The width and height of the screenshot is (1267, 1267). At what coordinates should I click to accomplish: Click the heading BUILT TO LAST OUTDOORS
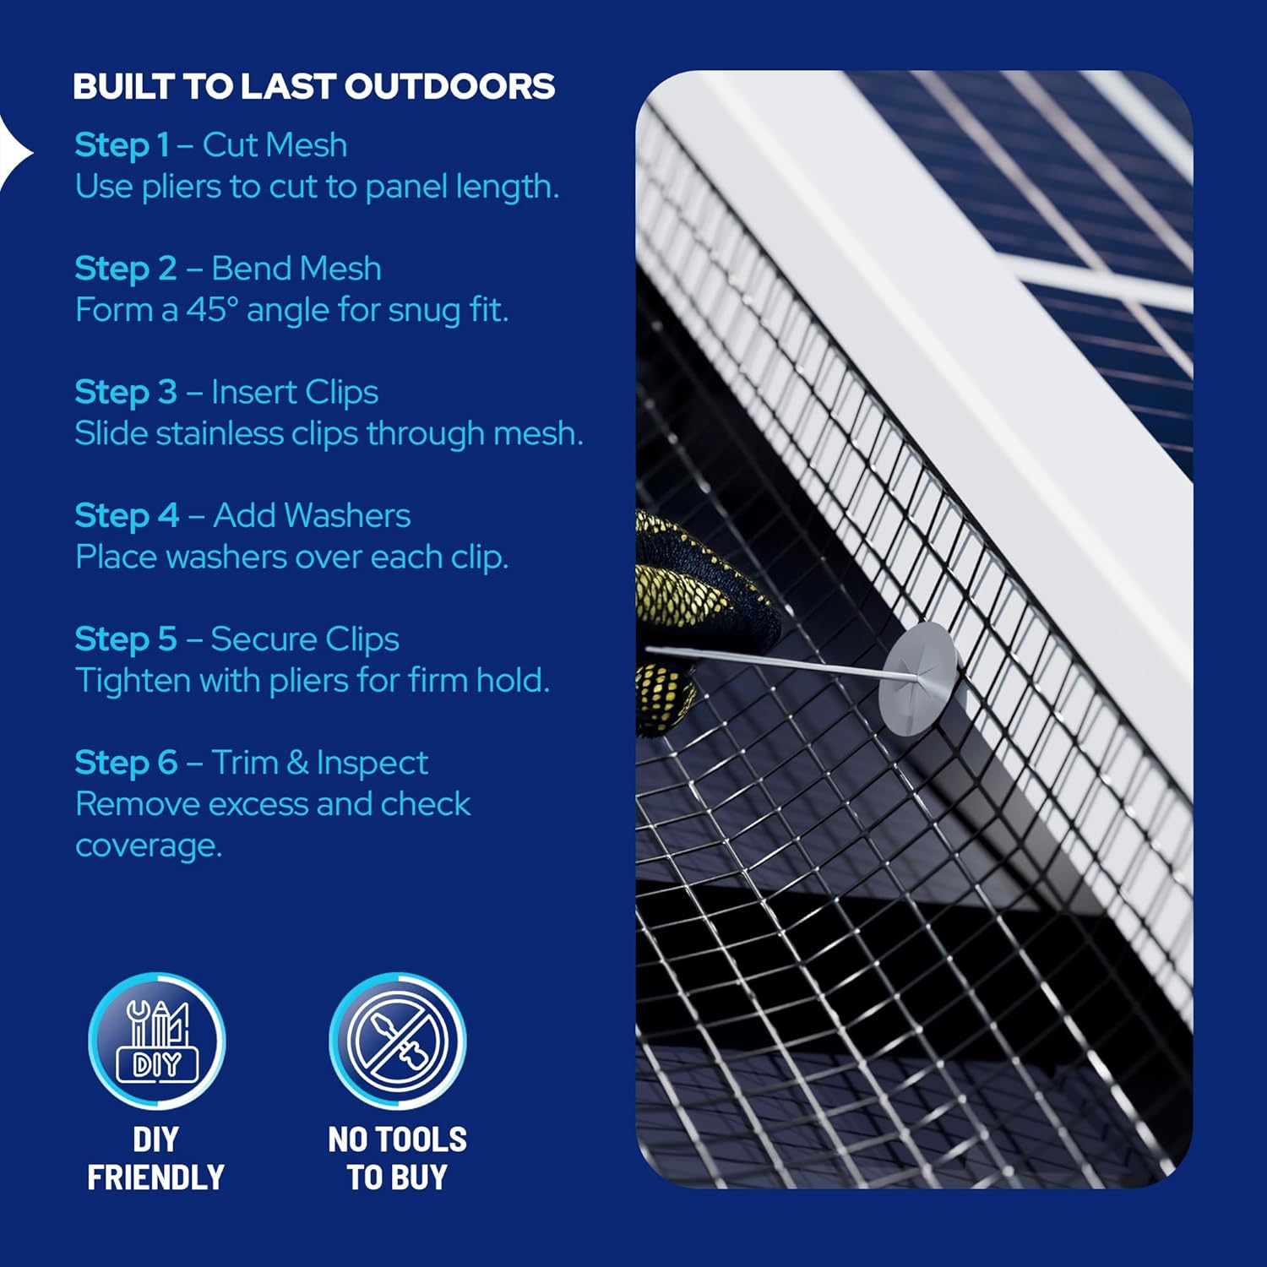click(x=313, y=86)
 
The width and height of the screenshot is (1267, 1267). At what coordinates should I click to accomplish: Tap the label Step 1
click(x=122, y=145)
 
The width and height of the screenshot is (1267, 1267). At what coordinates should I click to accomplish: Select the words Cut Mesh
click(x=275, y=145)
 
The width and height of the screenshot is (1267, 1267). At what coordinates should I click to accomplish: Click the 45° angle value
click(x=207, y=310)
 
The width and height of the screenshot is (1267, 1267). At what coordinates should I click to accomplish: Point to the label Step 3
click(x=126, y=392)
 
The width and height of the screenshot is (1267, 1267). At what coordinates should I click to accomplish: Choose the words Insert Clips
click(x=294, y=392)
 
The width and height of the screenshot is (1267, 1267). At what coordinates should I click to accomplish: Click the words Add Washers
click(x=312, y=515)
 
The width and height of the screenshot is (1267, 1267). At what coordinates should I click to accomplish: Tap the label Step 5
click(x=126, y=639)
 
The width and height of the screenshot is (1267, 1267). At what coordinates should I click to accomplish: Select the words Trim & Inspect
click(x=319, y=763)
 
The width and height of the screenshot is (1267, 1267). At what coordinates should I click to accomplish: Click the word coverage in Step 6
click(x=149, y=845)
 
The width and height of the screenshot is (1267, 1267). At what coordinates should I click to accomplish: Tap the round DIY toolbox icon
click(x=157, y=1040)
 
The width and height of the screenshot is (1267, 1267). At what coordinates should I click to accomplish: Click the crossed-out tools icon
click(x=397, y=1040)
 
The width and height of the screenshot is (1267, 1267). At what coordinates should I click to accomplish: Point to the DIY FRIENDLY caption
click(x=156, y=1158)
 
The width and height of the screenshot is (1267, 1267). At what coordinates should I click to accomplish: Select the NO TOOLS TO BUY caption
click(x=397, y=1158)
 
